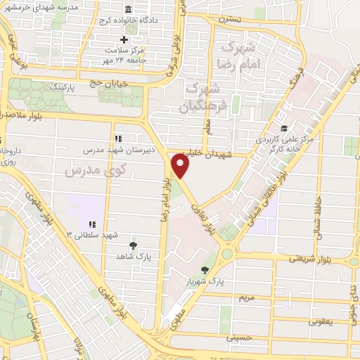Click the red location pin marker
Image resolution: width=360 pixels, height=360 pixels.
181,167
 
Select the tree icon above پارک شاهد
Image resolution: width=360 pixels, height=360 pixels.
133,245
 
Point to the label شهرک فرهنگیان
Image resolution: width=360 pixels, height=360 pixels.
205,98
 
